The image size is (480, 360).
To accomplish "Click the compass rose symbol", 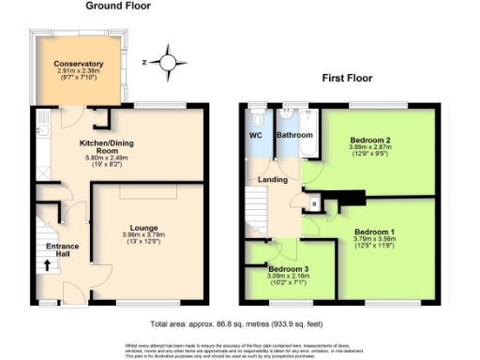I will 167,63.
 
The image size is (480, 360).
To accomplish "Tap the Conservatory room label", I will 79,64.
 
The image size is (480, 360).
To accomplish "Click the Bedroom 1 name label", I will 381,231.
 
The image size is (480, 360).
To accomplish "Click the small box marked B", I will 313,202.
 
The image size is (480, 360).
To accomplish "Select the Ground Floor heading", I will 118,6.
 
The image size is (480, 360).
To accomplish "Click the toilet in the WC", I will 258,121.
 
